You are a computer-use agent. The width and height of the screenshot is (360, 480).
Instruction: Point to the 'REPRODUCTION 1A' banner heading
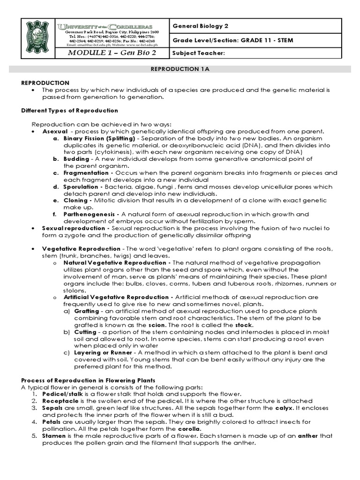180,69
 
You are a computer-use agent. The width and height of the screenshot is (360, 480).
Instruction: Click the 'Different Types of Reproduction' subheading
70,111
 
